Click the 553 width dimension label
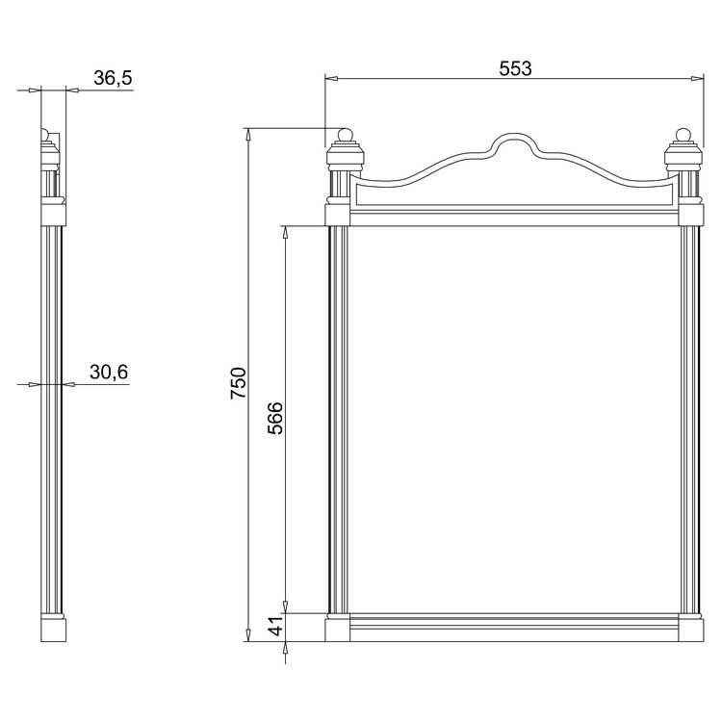coord(515,68)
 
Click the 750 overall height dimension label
coord(239,382)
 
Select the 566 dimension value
coord(275,418)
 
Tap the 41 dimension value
coord(275,626)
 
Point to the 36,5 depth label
coord(113,78)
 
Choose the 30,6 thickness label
coord(109,372)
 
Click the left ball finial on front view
coord(345,135)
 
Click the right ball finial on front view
coord(683,135)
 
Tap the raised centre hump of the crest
coord(514,136)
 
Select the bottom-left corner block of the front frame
coord(338,630)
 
